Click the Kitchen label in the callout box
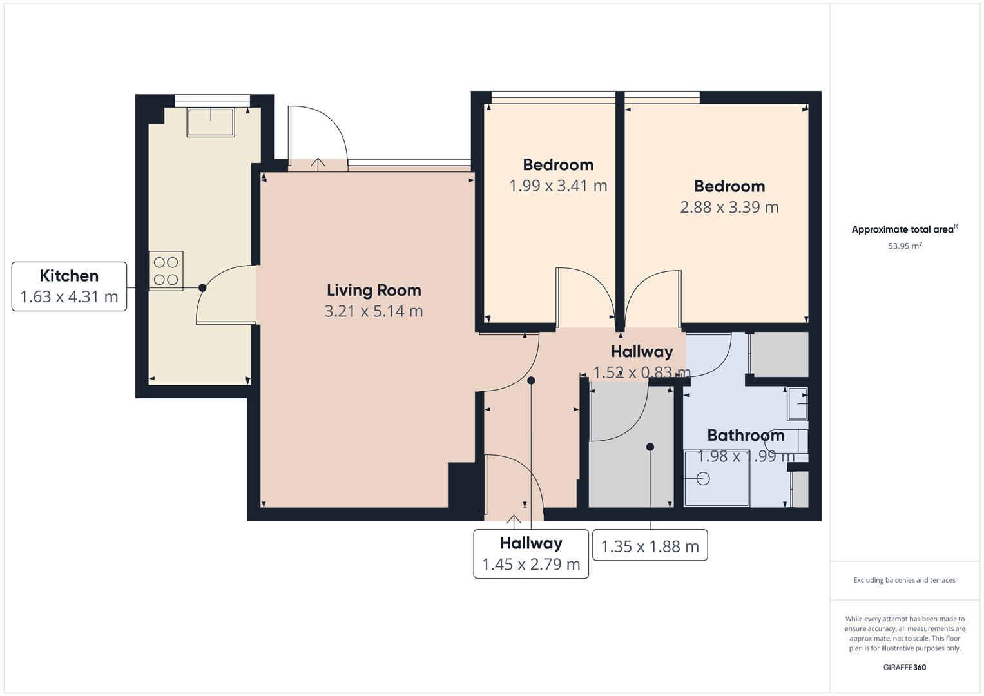tap(69, 276)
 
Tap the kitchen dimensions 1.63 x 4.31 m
tap(69, 296)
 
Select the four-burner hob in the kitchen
tap(166, 271)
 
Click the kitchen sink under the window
tap(211, 122)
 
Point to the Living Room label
tap(374, 290)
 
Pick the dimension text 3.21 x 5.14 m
tap(374, 311)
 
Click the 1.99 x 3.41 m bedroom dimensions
tap(558, 186)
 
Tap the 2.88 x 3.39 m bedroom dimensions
tap(729, 207)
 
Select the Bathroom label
tap(746, 435)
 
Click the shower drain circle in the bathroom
tap(703, 479)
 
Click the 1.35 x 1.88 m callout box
tap(650, 546)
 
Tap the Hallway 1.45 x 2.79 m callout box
tap(531, 554)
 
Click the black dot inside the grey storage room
tap(650, 447)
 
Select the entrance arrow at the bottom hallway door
tap(514, 521)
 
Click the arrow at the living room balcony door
tap(318, 164)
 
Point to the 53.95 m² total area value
tap(905, 246)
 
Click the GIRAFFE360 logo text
tap(904, 667)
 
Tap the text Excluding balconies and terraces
tap(904, 580)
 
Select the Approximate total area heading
tap(904, 229)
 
